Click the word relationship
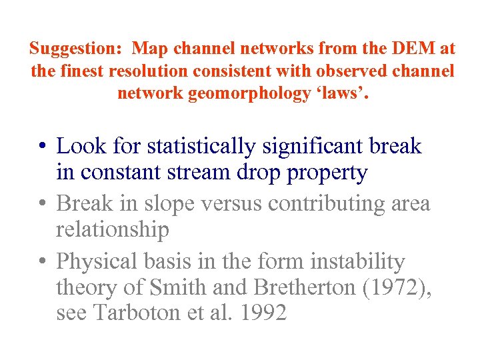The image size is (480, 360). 113,230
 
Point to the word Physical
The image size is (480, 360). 99,261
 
